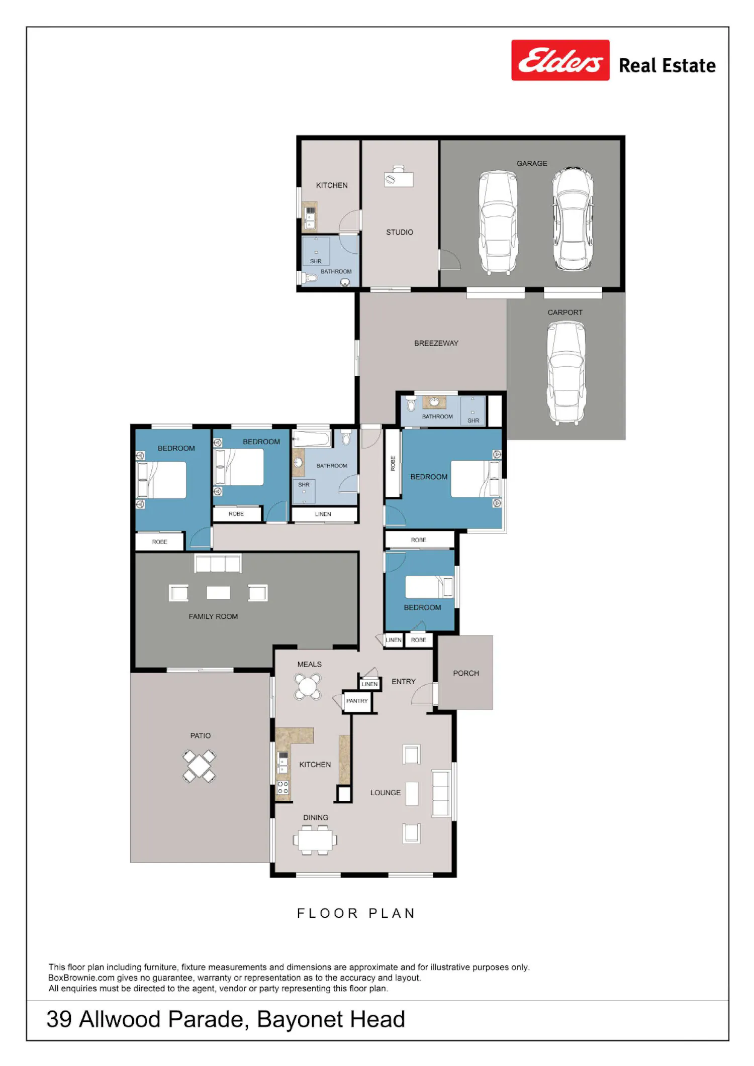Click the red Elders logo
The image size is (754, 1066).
click(x=560, y=60)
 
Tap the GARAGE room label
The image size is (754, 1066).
click(x=532, y=163)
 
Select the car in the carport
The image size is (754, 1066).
click(x=567, y=373)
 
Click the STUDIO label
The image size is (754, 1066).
click(x=400, y=232)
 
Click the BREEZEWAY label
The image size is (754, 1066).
click(x=436, y=343)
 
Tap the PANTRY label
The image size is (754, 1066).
click(x=357, y=701)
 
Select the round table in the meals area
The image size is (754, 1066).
click(x=308, y=686)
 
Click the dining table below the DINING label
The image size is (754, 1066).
click(x=315, y=839)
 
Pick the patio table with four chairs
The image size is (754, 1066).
click(x=199, y=766)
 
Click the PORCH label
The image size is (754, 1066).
click(x=466, y=673)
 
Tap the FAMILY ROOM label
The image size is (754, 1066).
click(x=213, y=616)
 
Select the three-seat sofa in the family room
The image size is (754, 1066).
click(x=218, y=563)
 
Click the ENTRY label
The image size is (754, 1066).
click(x=404, y=681)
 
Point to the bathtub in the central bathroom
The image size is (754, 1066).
click(x=312, y=439)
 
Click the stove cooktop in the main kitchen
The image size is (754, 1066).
click(x=283, y=788)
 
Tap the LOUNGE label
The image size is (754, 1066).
click(x=386, y=792)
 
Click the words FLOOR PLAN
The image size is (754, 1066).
click(x=356, y=913)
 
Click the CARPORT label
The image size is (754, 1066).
click(x=565, y=312)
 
